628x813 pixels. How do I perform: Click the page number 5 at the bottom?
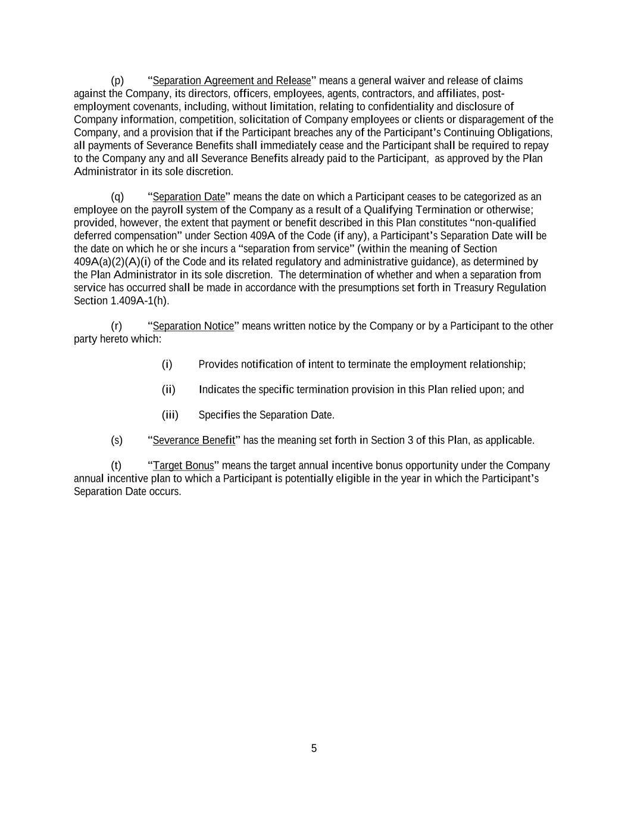[314, 749]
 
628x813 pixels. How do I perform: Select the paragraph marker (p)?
[117, 80]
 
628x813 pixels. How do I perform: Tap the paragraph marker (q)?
[117, 197]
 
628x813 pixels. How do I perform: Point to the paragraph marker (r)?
[117, 326]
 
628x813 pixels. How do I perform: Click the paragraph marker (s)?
[117, 440]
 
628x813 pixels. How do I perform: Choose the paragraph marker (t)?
[116, 465]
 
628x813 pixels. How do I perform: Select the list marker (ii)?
[168, 390]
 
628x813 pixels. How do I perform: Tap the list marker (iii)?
[170, 415]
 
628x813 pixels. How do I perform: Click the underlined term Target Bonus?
[183, 465]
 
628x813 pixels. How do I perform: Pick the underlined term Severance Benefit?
[193, 440]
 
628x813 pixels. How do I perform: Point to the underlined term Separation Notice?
[193, 326]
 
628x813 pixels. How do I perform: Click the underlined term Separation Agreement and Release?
[232, 80]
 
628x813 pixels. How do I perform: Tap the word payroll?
[167, 210]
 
